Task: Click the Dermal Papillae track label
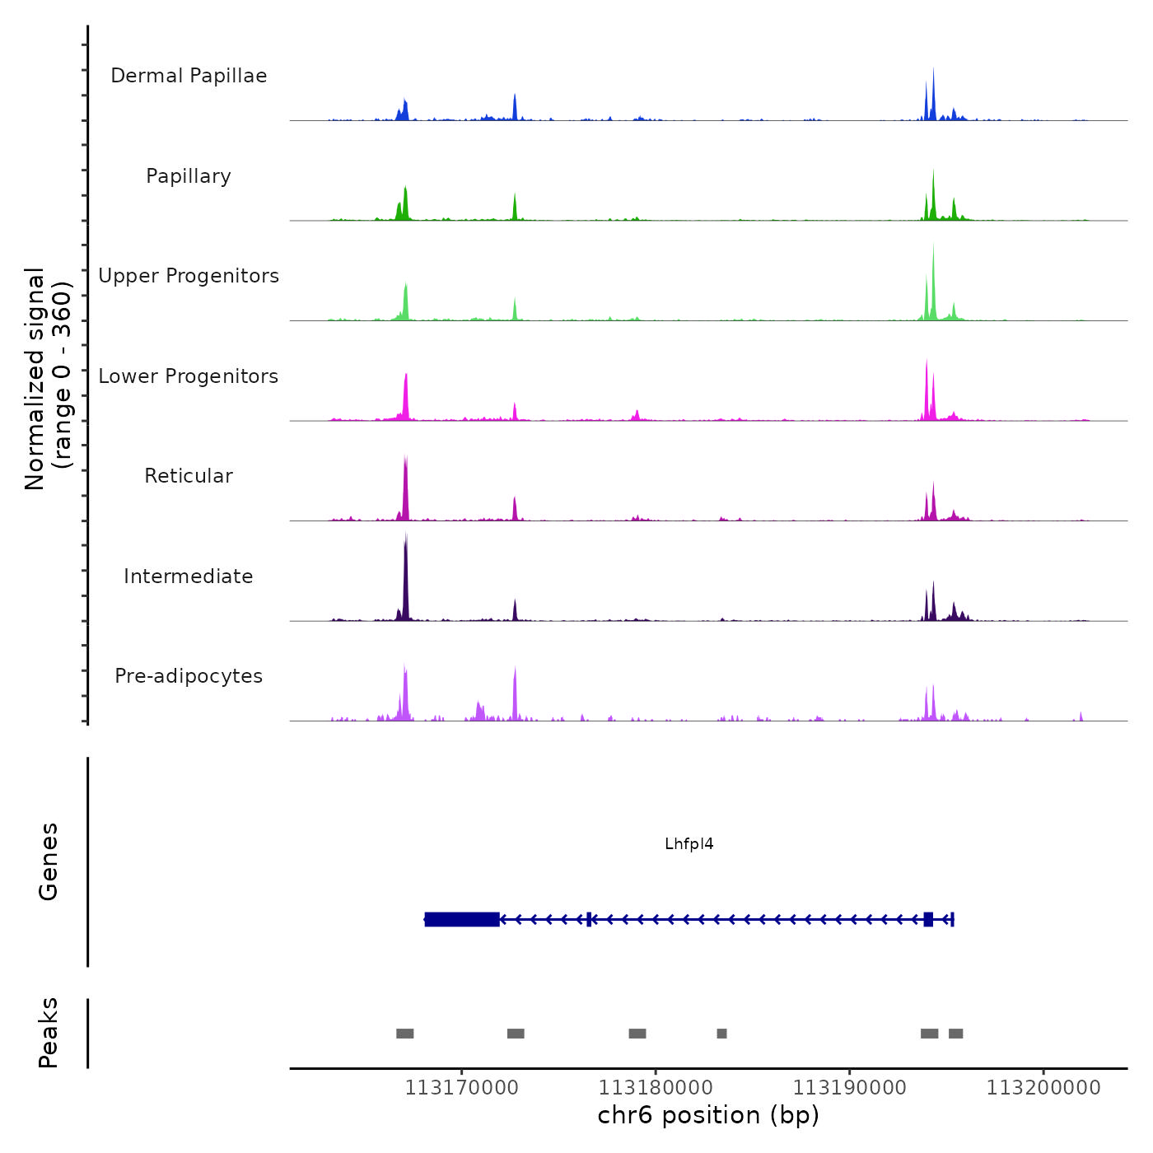189,76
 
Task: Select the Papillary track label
189,176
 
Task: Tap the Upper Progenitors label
189,276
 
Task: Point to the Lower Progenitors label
189,376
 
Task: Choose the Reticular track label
189,476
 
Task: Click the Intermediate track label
189,576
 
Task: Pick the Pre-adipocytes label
189,676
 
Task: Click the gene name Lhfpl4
689,844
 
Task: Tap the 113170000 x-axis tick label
462,1088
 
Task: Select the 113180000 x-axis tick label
656,1088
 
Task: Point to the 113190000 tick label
850,1088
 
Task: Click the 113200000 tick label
1043,1088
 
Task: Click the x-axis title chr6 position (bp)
708,1116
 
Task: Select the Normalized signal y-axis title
48,379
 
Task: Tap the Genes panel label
49,861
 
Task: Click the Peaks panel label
49,1033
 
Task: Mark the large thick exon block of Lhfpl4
462,919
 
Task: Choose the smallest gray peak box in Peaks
722,1034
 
